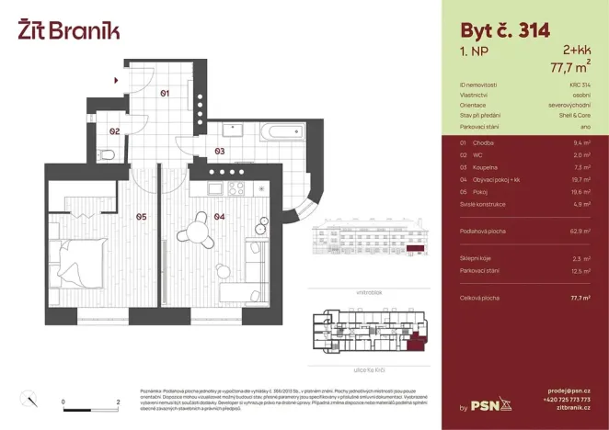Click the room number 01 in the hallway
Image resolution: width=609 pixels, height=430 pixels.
(165, 93)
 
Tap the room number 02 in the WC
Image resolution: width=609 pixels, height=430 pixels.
(114, 131)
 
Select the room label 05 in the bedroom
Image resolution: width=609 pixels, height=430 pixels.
(141, 217)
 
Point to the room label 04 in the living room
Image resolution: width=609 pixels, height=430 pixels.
(219, 217)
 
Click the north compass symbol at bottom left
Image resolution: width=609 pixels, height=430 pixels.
(28, 399)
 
